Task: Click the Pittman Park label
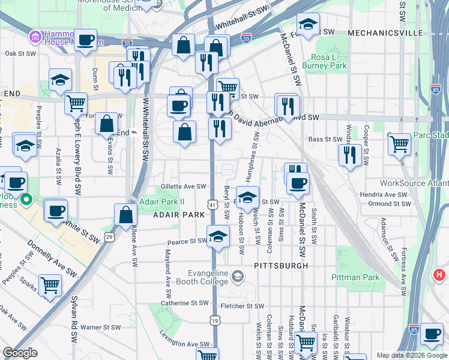(355, 278)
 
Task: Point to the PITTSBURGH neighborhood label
(281, 265)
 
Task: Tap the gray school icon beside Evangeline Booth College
(238, 276)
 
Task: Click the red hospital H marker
(439, 275)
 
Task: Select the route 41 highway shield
(212, 205)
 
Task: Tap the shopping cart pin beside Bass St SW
(399, 144)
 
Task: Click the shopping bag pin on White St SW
(126, 215)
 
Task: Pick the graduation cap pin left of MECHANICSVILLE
(308, 25)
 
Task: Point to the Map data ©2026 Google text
(412, 355)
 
